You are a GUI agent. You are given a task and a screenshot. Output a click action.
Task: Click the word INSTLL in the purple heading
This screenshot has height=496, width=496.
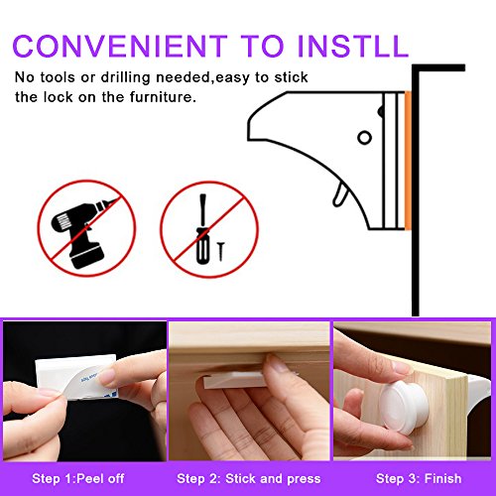[x=353, y=46]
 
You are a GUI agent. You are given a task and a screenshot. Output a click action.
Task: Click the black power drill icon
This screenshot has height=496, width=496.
[x=82, y=233]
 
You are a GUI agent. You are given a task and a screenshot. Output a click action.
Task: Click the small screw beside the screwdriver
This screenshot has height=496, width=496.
[x=221, y=251]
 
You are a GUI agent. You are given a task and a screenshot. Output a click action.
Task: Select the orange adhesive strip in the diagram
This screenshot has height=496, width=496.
[x=408, y=161]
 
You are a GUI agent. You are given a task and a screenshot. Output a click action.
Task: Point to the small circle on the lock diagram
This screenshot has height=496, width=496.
[x=364, y=137]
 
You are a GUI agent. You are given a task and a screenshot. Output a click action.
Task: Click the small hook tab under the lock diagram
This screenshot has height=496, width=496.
[x=339, y=196]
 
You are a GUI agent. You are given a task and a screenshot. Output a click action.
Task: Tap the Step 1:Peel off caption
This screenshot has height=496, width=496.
[x=78, y=478]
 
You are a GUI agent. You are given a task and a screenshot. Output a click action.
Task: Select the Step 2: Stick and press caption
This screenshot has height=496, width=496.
[x=249, y=478]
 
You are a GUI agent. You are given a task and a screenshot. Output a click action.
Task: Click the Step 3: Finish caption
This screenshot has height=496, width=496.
[x=419, y=478]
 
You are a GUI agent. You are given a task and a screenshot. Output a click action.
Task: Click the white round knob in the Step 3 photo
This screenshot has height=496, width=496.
[x=404, y=407]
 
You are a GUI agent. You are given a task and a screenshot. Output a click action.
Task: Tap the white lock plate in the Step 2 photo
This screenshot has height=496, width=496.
[x=235, y=379]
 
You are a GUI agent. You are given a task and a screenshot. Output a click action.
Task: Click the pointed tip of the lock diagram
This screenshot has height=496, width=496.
[x=249, y=140]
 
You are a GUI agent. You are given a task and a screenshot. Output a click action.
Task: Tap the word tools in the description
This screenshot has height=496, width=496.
[x=58, y=77]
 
